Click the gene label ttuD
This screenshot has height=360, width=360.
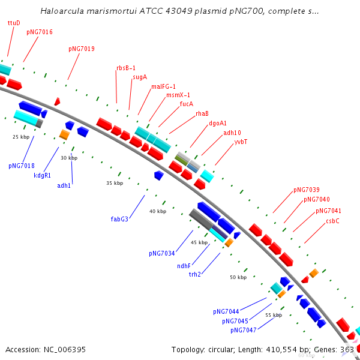[14, 23]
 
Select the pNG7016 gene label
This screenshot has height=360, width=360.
[39, 32]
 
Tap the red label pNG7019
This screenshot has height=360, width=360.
[81, 49]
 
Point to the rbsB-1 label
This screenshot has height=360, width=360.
[126, 68]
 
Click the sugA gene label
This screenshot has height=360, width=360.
[140, 77]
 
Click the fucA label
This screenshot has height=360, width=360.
[187, 104]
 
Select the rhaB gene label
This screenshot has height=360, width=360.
[202, 113]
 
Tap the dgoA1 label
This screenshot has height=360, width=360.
[218, 123]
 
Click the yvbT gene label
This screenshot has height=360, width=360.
[241, 142]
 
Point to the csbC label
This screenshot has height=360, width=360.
[332, 221]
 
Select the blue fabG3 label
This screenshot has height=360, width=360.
[119, 219]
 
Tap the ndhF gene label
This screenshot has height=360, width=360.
[184, 266]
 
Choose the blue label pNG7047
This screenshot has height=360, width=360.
[243, 330]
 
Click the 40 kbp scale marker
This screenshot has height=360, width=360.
[158, 211]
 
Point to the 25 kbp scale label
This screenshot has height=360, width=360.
[21, 137]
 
